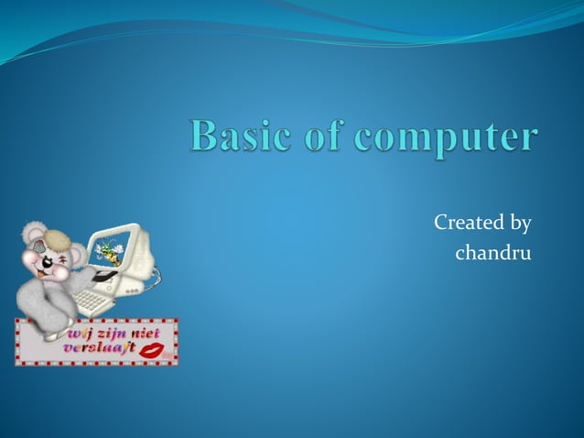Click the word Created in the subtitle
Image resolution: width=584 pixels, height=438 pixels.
tap(467, 223)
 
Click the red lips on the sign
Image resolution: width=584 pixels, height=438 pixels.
tap(153, 351)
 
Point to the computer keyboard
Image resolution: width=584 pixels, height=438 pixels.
tap(95, 300)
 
